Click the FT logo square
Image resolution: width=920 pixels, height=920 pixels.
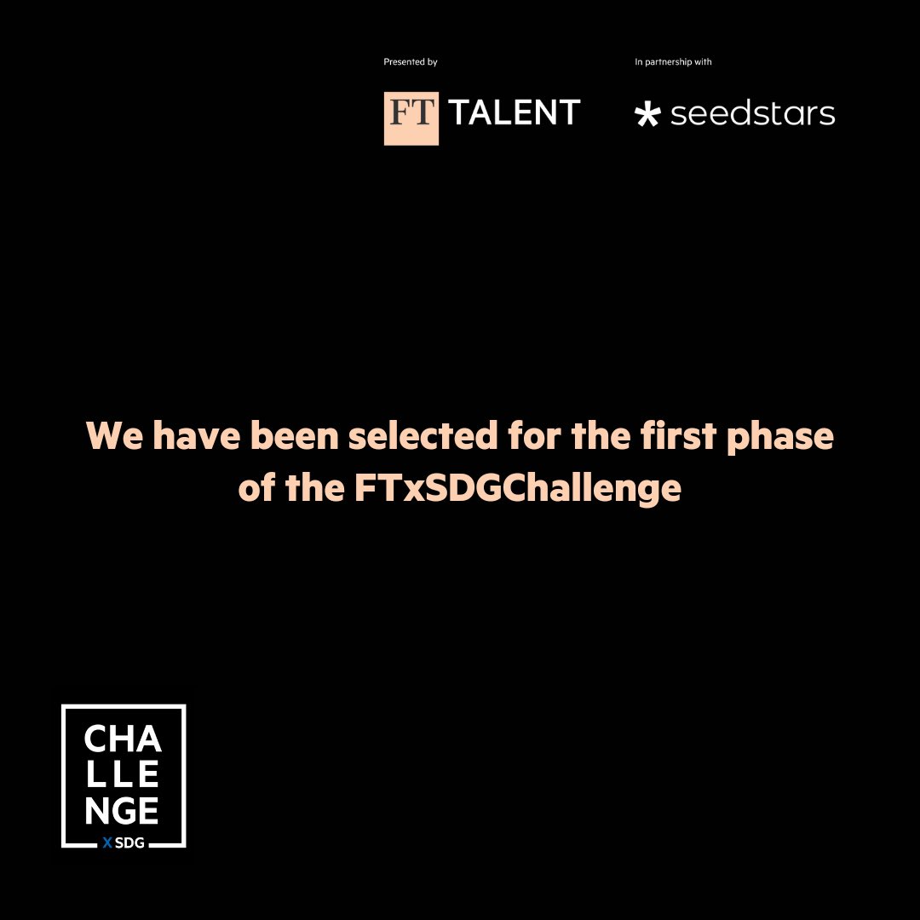[411, 118]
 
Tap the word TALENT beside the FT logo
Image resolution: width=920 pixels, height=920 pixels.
[515, 112]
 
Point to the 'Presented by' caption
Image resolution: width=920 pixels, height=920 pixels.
[411, 62]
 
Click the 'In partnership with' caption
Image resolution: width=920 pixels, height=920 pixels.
[673, 62]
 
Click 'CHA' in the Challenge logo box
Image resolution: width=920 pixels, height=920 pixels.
[123, 739]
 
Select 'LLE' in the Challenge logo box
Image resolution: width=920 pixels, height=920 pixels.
[123, 775]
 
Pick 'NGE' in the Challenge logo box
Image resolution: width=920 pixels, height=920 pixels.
[123, 811]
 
